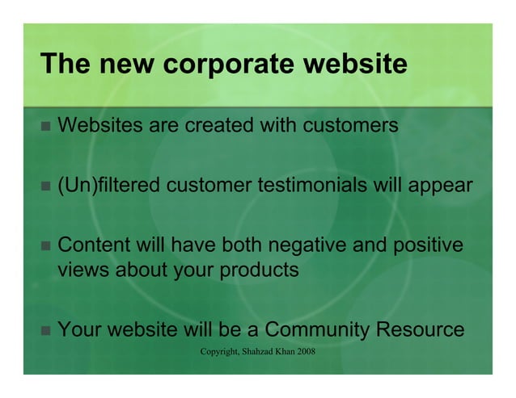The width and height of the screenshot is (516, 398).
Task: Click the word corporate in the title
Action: pyautogui.click(x=218, y=65)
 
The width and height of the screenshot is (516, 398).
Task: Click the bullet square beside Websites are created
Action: pyautogui.click(x=44, y=127)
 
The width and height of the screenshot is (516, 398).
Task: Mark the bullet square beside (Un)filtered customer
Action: pyautogui.click(x=44, y=186)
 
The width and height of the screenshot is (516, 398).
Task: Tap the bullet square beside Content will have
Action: pyautogui.click(x=44, y=245)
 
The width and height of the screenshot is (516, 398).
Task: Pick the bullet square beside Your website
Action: pyautogui.click(x=44, y=330)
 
